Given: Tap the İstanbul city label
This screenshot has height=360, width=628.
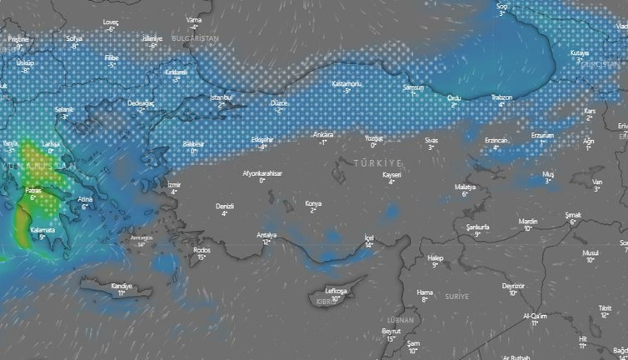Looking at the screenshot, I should click(222, 97).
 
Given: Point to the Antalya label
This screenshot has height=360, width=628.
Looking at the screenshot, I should click(267, 234).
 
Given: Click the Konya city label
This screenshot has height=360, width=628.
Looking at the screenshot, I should click(313, 203).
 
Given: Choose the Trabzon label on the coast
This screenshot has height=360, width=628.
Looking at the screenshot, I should click(501, 97).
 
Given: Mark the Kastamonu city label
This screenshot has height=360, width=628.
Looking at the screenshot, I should click(346, 83).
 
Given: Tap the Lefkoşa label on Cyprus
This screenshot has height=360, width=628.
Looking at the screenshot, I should click(336, 291).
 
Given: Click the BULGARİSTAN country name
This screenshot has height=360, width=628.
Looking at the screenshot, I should click(194, 38).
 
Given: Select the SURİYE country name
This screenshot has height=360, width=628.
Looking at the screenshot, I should click(457, 296).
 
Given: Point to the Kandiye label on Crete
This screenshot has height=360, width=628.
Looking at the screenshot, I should click(122, 286).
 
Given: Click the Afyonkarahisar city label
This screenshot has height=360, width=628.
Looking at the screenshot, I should click(262, 172).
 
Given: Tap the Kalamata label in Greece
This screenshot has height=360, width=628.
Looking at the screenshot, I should click(42, 230).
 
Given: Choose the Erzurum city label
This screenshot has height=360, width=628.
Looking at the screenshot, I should click(542, 135).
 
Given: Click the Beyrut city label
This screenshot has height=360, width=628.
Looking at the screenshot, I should click(391, 331).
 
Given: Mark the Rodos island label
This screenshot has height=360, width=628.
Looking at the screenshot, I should click(202, 250).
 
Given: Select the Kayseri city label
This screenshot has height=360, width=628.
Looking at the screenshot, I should click(391, 175).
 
